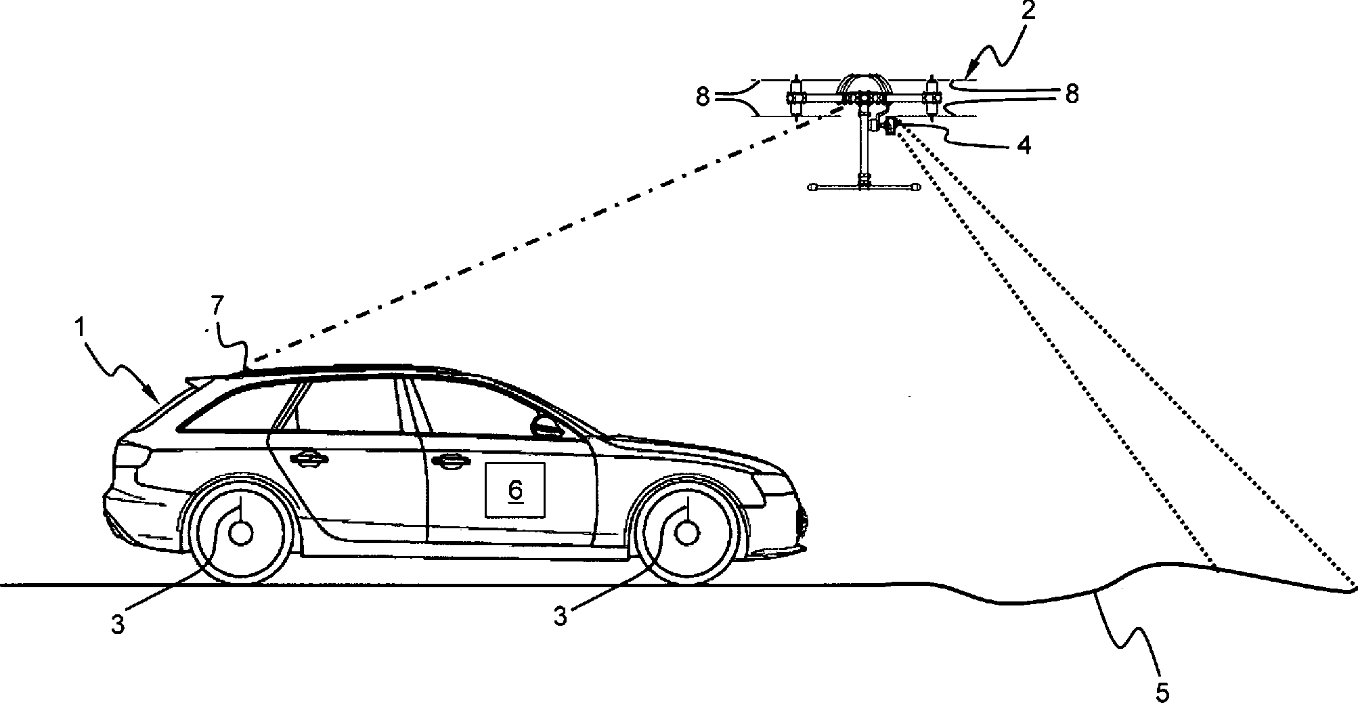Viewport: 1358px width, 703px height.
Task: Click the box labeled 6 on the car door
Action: coord(515,490)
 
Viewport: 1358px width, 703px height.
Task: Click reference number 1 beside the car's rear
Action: coord(80,328)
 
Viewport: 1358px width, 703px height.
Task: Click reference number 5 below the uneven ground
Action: coord(1162,692)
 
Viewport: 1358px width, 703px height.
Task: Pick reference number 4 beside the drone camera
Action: coord(1024,144)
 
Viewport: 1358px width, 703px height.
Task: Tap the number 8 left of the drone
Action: coord(702,97)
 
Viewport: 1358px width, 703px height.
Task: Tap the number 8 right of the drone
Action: coord(1072,93)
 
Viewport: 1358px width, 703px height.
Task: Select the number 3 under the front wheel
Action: coord(561,617)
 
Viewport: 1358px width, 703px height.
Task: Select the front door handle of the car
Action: coord(450,462)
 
